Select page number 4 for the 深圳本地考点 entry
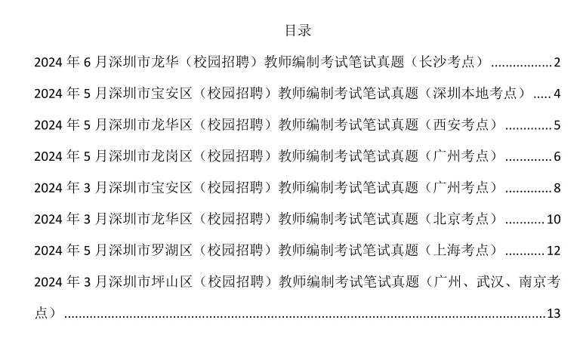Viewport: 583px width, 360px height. pyautogui.click(x=557, y=94)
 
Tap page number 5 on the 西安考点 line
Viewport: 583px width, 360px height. pyautogui.click(x=557, y=125)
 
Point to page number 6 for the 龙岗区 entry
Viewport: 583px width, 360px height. pyautogui.click(x=557, y=157)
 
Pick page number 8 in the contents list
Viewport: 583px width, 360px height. pyautogui.click(x=557, y=188)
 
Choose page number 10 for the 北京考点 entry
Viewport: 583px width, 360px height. pyautogui.click(x=554, y=220)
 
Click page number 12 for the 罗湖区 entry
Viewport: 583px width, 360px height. pyautogui.click(x=554, y=251)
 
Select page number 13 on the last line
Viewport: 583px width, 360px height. pyautogui.click(x=554, y=313)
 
